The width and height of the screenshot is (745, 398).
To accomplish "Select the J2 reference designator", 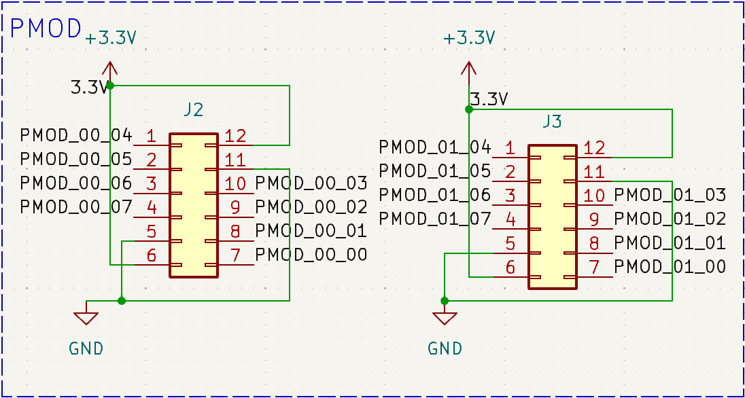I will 193,109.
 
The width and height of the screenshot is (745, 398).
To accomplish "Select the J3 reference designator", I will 552,122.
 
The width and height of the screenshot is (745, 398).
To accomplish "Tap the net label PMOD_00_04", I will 76,134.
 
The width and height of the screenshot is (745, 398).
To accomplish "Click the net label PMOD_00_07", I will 76,206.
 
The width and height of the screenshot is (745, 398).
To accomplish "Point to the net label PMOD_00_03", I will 311,183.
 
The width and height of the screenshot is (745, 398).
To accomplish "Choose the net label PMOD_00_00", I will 311,255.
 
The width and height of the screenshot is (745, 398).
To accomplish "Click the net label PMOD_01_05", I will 434,170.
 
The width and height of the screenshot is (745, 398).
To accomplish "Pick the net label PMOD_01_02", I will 670,219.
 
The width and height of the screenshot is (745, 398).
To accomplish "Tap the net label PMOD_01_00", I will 670,267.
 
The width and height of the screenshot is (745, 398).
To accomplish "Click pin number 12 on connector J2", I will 235,136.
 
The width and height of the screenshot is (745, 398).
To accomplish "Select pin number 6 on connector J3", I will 510,268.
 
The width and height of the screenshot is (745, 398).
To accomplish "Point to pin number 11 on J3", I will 594,172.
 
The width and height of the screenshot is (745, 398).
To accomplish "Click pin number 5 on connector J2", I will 152,232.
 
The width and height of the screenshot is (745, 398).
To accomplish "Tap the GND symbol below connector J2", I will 86,316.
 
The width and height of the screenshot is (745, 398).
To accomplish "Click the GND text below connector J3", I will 445,349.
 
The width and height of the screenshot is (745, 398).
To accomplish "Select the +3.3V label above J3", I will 468,39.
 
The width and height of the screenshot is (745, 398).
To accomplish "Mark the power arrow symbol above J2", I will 109,68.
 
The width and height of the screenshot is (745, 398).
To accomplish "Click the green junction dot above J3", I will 468,109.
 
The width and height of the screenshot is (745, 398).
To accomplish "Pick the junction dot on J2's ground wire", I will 121,300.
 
